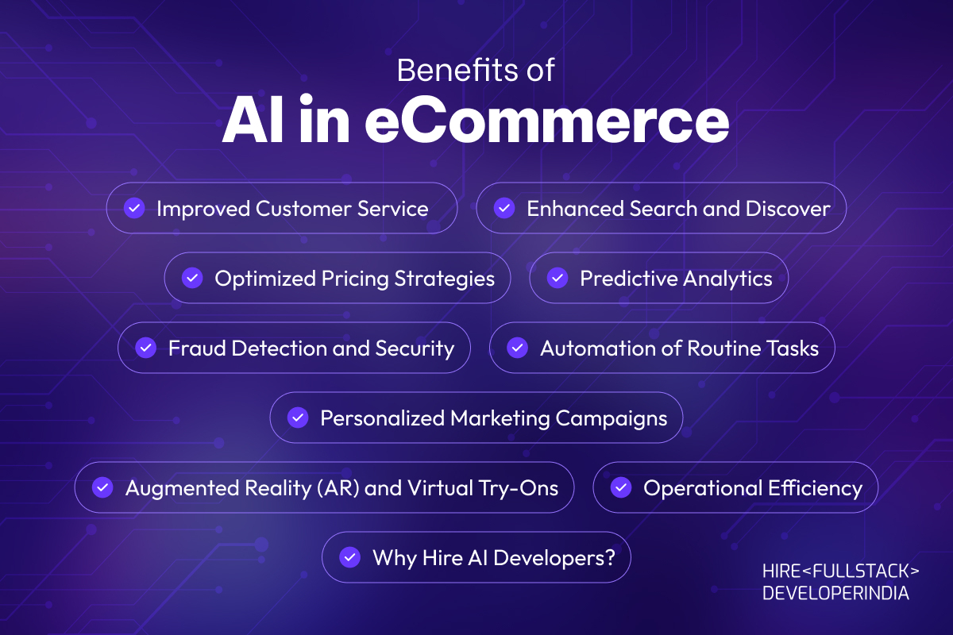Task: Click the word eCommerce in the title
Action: coord(547,120)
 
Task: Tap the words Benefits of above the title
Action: coord(476,70)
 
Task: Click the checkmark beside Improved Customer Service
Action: coord(134,209)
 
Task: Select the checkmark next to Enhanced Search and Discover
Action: coord(504,209)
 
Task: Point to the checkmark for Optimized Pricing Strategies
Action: coord(192,278)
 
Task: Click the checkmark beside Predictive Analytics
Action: coord(558,278)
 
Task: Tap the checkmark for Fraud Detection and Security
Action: coord(146,348)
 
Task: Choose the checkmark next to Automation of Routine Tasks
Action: coord(518,348)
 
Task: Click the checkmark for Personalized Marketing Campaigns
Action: coord(298,418)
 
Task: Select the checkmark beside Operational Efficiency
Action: coord(621,487)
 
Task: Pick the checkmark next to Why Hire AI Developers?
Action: coord(350,557)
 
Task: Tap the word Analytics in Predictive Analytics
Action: coord(727,279)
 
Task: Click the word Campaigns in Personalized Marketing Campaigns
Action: coord(612,419)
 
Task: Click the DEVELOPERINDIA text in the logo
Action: coord(835,593)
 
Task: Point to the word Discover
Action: coord(788,209)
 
